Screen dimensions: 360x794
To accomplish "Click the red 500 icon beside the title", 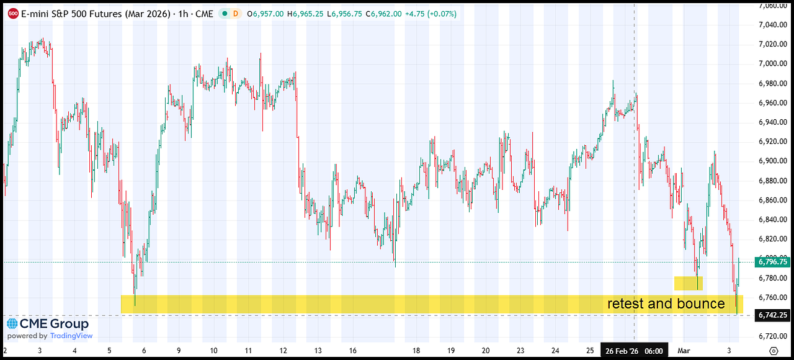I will click(12, 13).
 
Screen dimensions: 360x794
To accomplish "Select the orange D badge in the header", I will click(236, 13).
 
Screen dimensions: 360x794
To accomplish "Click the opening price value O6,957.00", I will click(265, 13).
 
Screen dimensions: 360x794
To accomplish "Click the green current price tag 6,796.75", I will click(772, 262).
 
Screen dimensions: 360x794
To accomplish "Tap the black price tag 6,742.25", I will click(772, 315).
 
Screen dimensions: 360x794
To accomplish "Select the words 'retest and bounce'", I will click(666, 304).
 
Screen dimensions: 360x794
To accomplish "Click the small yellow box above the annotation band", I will click(689, 283).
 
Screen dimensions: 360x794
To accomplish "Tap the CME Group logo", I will click(48, 324).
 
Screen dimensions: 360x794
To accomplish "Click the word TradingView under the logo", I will click(71, 336).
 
